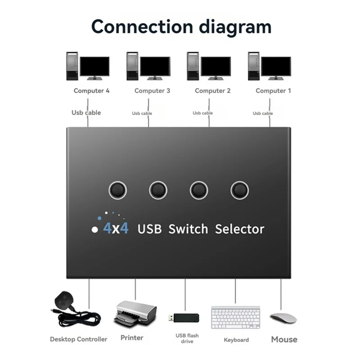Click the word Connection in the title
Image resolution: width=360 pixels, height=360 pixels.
(x=142, y=27)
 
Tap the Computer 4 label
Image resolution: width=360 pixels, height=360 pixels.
(x=92, y=91)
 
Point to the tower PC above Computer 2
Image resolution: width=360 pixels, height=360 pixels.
(x=193, y=66)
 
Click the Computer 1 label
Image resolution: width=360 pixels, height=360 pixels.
(x=273, y=91)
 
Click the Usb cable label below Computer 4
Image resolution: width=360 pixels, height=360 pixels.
(x=86, y=113)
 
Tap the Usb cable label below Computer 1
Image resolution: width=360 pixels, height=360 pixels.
(x=263, y=113)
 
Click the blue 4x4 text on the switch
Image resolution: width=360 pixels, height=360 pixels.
(x=116, y=228)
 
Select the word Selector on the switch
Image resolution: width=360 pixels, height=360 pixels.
(x=240, y=229)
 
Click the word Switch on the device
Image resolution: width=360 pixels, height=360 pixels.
(x=188, y=229)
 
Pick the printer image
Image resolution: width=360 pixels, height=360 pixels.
(x=135, y=314)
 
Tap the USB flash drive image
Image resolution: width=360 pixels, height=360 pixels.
(x=184, y=318)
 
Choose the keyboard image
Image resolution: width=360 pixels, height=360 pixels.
(x=235, y=317)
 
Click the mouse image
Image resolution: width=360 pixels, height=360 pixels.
(x=283, y=318)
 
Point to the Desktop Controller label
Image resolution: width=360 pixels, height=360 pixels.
(x=78, y=339)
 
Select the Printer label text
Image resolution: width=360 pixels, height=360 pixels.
(x=132, y=338)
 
